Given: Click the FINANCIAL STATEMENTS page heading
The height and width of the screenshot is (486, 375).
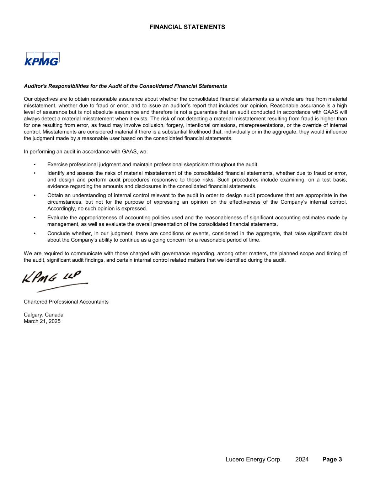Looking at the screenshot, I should (187, 27).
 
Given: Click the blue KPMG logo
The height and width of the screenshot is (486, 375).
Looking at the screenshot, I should (42, 59).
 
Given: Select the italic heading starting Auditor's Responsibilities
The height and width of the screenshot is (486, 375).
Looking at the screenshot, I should (125, 86).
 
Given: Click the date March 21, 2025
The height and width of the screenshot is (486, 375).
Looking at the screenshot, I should (42, 321).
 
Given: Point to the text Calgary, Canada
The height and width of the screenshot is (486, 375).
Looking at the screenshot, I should (43, 315).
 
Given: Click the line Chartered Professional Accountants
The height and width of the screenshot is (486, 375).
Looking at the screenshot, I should (66, 302).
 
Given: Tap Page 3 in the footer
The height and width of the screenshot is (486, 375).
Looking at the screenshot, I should (332, 459).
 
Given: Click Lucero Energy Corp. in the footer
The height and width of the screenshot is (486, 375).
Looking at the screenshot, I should (253, 459).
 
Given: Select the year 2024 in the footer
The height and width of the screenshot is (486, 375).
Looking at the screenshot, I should (302, 459).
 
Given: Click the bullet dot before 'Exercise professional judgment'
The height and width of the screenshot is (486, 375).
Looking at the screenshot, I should (34, 164).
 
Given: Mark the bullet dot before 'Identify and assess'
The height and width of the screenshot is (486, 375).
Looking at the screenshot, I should (34, 173).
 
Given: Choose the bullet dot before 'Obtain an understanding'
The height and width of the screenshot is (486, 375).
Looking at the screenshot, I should (34, 195).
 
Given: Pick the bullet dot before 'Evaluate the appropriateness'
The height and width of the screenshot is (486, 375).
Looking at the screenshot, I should (34, 218).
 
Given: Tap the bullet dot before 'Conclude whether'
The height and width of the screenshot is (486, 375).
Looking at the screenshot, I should (34, 234).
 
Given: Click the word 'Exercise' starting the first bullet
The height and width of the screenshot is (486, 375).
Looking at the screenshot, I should (57, 164).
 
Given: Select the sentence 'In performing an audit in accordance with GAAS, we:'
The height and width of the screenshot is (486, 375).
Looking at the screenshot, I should (86, 151).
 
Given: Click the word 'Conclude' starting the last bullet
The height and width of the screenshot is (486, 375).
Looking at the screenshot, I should (58, 234).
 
